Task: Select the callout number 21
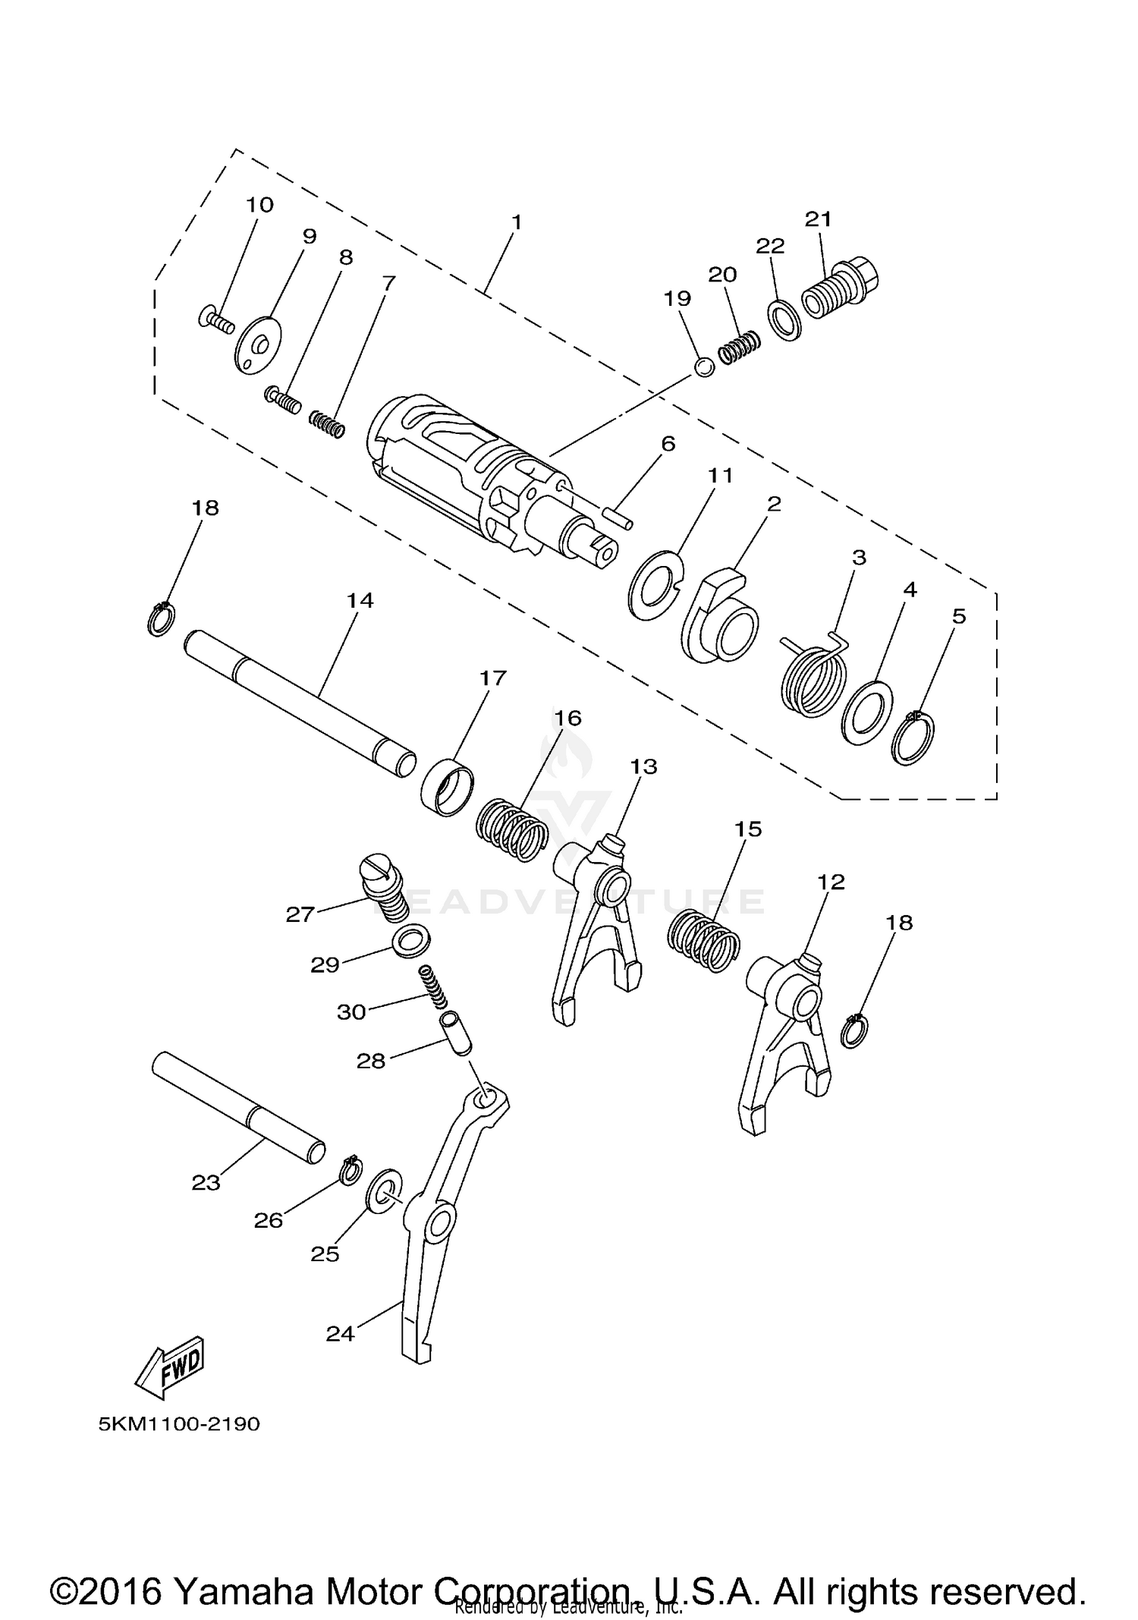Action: click(818, 219)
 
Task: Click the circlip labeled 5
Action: click(913, 738)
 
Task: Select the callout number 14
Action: click(360, 600)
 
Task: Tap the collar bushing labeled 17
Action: click(447, 788)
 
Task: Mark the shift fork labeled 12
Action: click(785, 1047)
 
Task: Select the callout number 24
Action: click(340, 1332)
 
